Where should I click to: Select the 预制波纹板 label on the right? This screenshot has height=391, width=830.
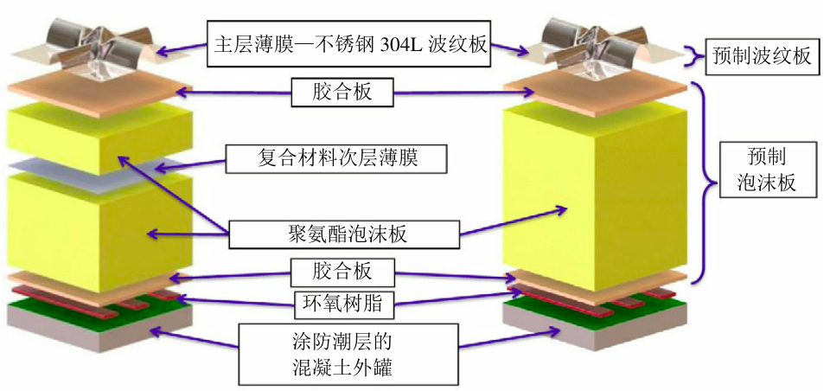[762, 56]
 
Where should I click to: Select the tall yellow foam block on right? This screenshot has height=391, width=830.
[597, 190]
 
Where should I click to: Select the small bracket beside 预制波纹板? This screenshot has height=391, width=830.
[693, 56]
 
